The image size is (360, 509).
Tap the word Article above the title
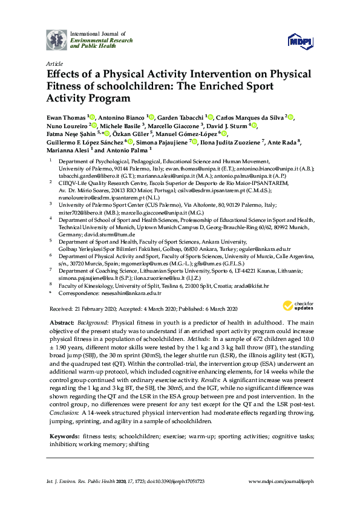pyautogui.click(x=53, y=63)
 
